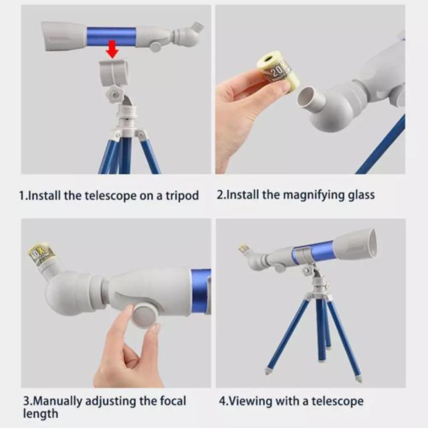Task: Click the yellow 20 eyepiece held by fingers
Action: [273, 70]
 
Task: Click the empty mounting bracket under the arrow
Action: [114, 72]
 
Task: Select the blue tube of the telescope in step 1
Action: [110, 36]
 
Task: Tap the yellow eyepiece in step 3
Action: [40, 255]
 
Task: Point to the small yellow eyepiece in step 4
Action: [244, 248]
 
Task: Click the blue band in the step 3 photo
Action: [201, 291]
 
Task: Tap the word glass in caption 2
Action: [360, 195]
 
